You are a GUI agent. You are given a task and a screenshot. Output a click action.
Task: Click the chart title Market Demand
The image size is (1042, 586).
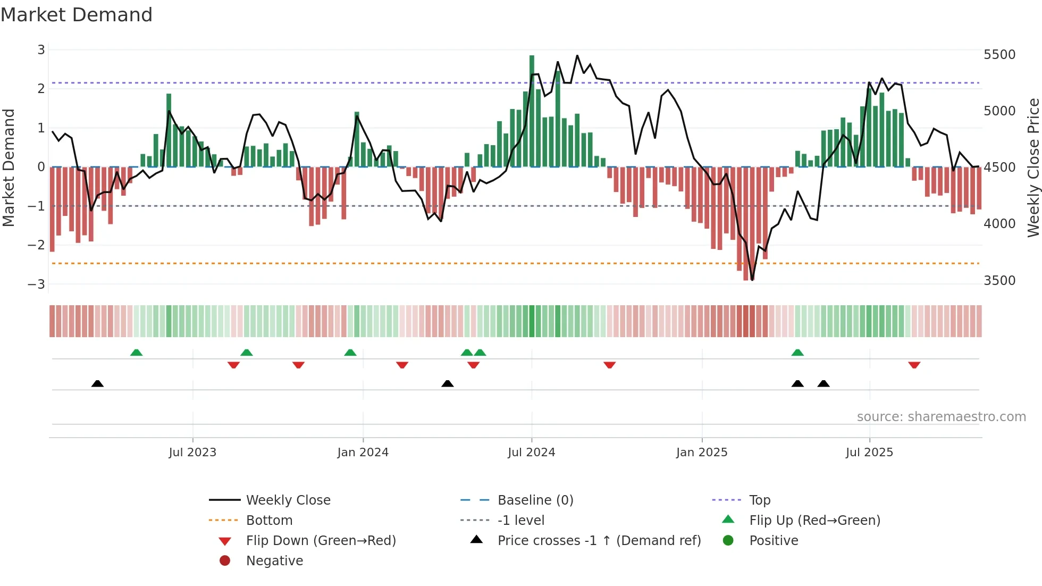click(77, 15)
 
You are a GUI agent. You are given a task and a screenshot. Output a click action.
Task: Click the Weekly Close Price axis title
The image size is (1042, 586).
click(1033, 168)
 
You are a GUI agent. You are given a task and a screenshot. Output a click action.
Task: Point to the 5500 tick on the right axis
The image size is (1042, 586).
click(999, 55)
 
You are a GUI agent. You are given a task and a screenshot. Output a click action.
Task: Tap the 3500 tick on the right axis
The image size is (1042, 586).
click(999, 281)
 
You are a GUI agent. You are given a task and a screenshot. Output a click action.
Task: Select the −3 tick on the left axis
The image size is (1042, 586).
click(37, 284)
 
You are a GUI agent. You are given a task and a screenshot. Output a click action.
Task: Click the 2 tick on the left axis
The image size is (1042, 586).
click(41, 89)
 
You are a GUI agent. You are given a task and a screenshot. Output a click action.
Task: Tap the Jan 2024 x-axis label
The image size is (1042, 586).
click(363, 453)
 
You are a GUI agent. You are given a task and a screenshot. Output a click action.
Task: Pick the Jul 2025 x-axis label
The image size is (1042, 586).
click(869, 453)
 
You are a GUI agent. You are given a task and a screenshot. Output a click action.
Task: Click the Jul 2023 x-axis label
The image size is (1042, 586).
click(192, 453)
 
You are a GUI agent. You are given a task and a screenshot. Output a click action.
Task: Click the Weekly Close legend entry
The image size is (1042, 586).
click(288, 500)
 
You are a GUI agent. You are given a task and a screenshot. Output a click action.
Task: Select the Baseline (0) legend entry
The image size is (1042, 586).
click(535, 500)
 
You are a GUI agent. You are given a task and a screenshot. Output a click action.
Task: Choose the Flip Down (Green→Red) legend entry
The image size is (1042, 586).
click(321, 541)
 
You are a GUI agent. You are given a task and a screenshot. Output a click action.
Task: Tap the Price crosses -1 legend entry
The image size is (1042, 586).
click(599, 541)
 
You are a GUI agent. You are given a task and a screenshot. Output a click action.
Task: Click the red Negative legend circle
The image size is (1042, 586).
click(225, 561)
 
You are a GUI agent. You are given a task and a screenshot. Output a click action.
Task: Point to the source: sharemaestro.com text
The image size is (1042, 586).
click(941, 417)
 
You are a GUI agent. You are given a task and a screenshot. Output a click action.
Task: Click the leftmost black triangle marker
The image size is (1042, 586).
click(97, 383)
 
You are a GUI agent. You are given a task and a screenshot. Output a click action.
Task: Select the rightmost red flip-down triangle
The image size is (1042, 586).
click(914, 365)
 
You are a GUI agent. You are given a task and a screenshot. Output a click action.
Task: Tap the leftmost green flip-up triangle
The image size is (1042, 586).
click(137, 353)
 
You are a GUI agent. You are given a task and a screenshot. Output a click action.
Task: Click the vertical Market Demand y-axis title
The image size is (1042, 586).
click(9, 168)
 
